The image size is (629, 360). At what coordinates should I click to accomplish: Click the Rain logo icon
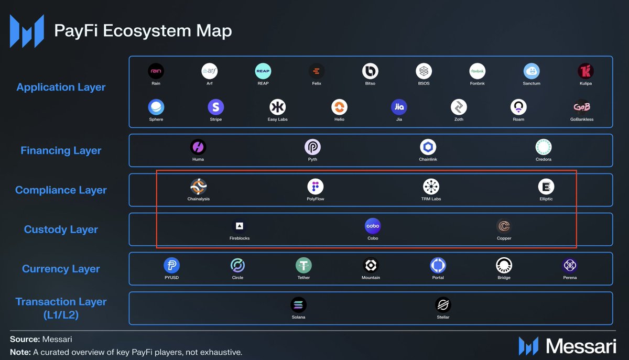coord(156,71)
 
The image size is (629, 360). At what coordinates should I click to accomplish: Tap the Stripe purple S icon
coord(215,107)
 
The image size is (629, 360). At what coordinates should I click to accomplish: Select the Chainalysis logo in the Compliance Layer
coord(199,187)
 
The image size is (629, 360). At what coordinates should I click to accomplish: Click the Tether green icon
coord(303,265)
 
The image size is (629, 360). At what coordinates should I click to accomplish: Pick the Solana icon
coord(298,305)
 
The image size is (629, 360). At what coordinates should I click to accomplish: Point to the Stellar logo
coord(443,305)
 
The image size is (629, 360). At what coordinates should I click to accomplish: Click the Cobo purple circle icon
coord(373,226)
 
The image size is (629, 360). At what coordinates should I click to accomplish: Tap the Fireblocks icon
coord(240,226)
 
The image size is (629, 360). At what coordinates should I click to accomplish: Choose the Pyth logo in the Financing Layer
coord(312,147)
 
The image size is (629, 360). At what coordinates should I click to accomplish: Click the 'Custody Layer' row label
coord(61,230)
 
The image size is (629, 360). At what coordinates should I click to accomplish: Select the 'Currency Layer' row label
coord(61,269)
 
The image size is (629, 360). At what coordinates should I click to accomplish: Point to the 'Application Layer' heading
coord(61,87)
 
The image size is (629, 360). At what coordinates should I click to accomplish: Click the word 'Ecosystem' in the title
coord(147,30)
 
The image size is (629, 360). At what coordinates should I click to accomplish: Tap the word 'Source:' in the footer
coord(25,339)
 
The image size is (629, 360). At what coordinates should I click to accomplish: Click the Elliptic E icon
coord(546,187)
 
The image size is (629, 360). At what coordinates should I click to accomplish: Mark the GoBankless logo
coord(582,107)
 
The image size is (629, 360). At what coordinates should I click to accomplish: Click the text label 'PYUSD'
coord(171,277)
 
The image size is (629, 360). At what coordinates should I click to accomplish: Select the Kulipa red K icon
coord(585,71)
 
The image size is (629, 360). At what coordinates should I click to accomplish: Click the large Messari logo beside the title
coord(27,31)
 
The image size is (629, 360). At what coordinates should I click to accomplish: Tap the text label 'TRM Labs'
coord(431,199)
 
